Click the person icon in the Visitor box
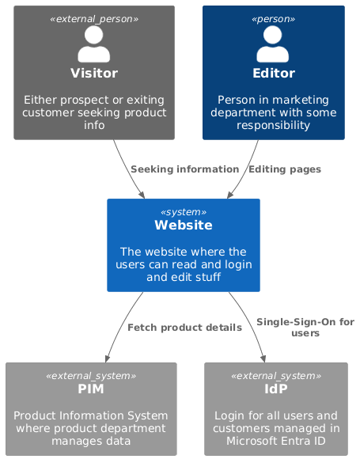(x=94, y=44)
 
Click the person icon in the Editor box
(x=273, y=44)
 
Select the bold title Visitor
(x=94, y=74)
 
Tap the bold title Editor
(x=273, y=74)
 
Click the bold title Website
(x=184, y=225)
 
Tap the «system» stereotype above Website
(x=184, y=212)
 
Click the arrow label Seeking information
(x=184, y=169)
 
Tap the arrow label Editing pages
(x=285, y=169)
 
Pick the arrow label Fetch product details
(x=184, y=328)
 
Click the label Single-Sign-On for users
(x=305, y=328)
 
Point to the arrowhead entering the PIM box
(x=104, y=358)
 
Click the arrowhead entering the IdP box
(x=263, y=358)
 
